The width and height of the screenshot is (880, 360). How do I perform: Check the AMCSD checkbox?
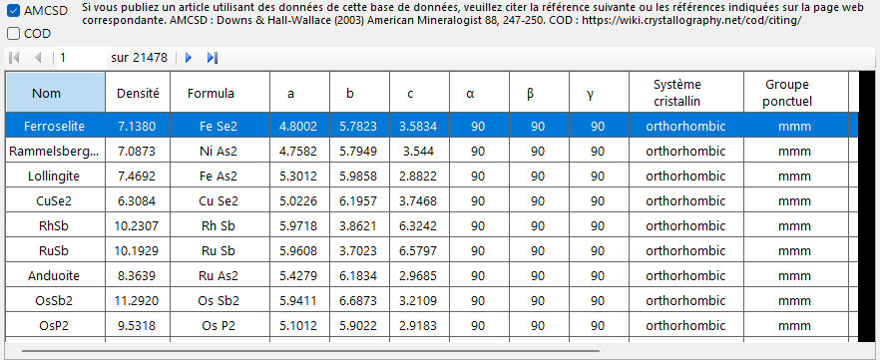click(14, 11)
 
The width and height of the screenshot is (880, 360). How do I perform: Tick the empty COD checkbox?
click(14, 34)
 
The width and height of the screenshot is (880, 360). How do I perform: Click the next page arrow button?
click(189, 57)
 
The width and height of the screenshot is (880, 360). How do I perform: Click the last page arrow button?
click(213, 57)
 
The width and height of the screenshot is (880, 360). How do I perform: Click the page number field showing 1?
click(82, 57)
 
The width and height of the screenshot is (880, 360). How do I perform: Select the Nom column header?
click(56, 93)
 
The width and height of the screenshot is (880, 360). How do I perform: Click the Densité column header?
click(138, 93)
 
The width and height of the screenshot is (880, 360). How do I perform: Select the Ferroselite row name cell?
click(55, 127)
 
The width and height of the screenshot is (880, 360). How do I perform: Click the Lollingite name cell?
click(55, 177)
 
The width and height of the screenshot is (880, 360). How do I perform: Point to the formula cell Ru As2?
click(220, 276)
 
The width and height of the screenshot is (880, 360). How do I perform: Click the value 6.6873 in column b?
click(358, 300)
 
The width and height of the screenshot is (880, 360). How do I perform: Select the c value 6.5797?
click(418, 250)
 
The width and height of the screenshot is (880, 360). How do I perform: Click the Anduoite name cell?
click(55, 276)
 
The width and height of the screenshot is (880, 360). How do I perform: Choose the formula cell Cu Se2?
click(220, 200)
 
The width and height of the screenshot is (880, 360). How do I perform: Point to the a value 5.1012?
click(298, 326)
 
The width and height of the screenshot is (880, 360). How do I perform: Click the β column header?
click(531, 94)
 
